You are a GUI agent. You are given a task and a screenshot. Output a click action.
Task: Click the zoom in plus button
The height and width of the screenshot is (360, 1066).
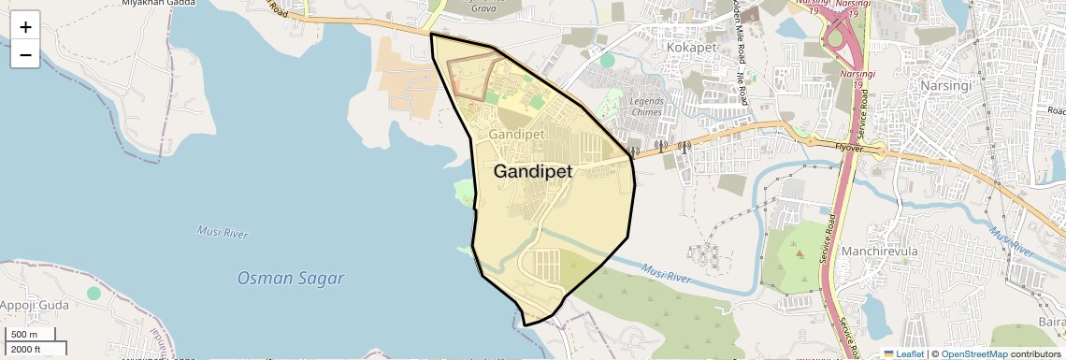point(25,26)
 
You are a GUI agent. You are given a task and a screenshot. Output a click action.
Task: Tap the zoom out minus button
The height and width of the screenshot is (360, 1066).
point(25,54)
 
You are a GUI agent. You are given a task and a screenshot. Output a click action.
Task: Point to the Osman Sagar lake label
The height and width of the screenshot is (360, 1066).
point(291,278)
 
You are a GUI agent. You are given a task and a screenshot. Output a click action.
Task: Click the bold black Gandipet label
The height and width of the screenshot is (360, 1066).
point(533,172)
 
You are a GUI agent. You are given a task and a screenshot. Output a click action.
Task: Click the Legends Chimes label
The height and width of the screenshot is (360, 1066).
point(646,106)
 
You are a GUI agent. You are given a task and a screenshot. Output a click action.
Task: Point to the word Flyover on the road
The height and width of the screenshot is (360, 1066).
point(851,146)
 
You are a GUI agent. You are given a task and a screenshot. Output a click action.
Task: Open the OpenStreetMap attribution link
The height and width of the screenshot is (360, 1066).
point(974,353)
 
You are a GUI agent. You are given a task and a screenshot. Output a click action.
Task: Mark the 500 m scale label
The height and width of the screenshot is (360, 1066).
point(24,335)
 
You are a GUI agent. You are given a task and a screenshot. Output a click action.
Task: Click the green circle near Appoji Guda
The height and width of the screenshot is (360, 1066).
point(94,293)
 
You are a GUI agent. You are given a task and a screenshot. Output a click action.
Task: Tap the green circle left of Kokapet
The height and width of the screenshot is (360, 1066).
point(608,61)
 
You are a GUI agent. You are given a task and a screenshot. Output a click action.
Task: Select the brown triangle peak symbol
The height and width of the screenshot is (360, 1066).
point(799,253)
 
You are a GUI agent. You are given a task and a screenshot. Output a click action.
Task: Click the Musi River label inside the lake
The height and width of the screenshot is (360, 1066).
point(222,232)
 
